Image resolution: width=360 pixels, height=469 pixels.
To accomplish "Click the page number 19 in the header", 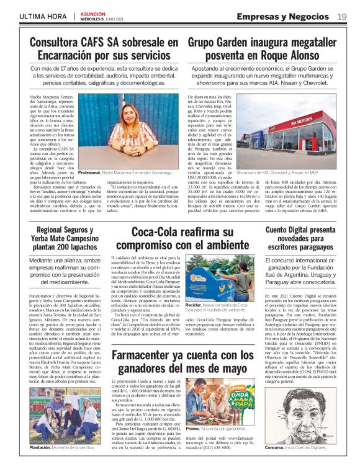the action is [x=341, y=16].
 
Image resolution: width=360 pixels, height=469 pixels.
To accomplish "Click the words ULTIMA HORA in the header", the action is [x=42, y=16].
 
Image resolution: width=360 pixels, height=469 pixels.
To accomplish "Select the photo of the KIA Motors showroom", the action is [x=294, y=132].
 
